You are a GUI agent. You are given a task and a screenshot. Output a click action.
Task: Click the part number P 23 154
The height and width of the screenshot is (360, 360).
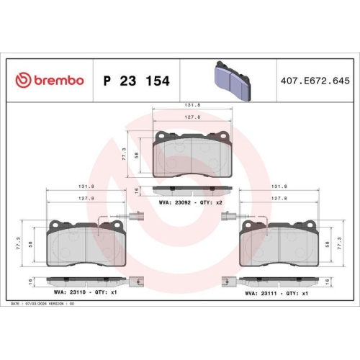137,81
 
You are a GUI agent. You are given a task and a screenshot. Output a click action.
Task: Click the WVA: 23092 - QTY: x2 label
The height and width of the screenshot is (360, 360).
191,202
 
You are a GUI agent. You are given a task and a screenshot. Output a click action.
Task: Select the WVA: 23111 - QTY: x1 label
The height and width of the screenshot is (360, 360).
277,292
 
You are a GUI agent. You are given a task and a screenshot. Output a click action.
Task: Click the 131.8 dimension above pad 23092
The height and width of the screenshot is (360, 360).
192,105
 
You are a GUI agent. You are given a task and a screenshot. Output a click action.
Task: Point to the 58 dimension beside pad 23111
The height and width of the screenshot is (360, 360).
328,245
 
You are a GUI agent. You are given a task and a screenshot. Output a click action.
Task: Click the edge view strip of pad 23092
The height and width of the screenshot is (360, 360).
192,190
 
